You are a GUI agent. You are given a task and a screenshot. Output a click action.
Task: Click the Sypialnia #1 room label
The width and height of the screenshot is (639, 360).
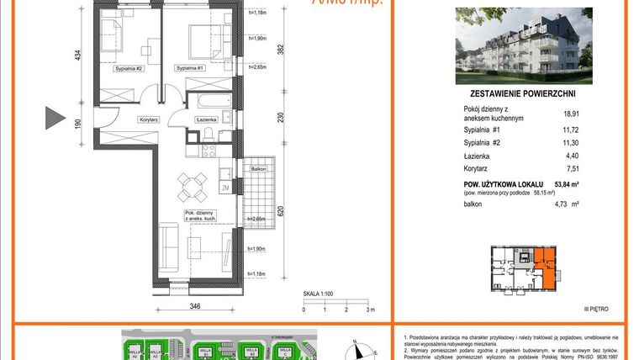click(x=191, y=66)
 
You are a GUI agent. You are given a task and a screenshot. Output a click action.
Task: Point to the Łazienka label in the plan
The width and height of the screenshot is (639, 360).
click(x=207, y=119)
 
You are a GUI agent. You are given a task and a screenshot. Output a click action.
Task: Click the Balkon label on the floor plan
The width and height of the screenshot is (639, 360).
click(x=258, y=168)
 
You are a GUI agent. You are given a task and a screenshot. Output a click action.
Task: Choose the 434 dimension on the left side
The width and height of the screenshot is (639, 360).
click(x=77, y=56)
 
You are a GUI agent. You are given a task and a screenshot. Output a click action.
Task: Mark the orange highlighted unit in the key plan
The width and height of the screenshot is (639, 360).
click(x=547, y=267)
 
